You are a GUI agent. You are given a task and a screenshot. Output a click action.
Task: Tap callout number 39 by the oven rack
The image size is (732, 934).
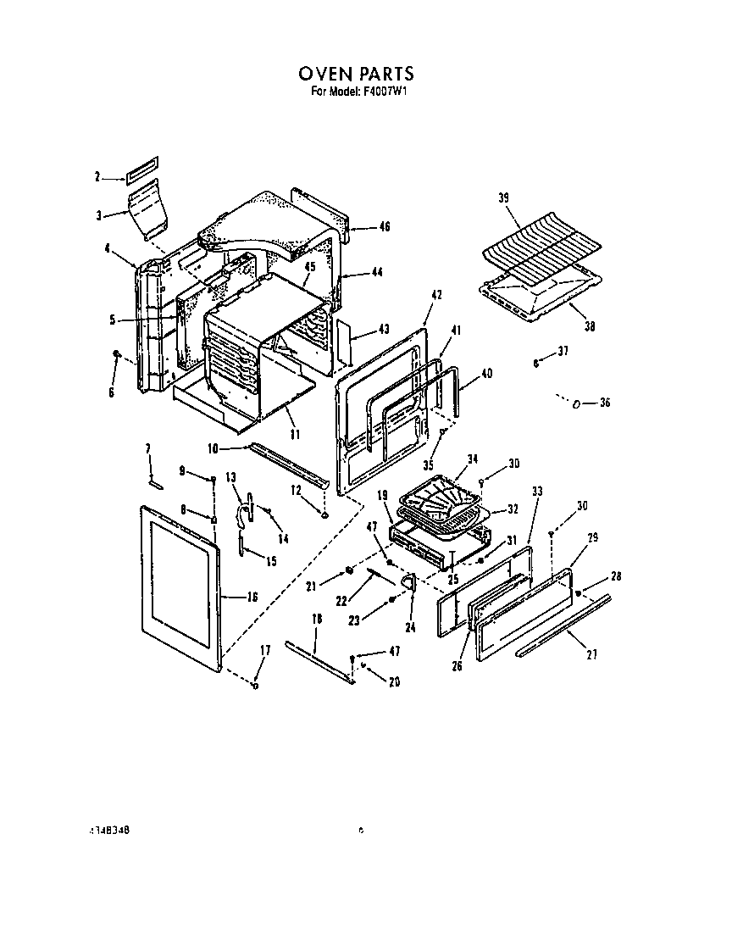click(x=503, y=197)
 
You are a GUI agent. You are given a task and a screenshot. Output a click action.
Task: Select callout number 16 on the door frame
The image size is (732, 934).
click(x=252, y=598)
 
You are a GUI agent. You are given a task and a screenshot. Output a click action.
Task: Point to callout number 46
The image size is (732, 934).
click(x=385, y=227)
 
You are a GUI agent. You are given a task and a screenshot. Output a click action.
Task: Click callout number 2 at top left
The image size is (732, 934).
click(x=97, y=177)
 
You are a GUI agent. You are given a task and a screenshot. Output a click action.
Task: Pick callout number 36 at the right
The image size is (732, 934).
click(x=604, y=403)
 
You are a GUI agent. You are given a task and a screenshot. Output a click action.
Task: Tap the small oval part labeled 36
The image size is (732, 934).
click(x=576, y=403)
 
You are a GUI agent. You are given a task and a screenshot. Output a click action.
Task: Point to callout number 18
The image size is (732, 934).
click(x=317, y=620)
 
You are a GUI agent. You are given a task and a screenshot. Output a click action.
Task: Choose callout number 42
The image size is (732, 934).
click(x=437, y=296)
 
